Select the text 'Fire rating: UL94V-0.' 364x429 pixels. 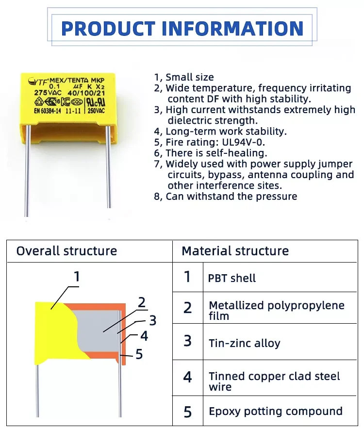(216, 142)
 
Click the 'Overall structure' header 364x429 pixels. (66, 251)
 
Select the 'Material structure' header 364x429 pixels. (235, 251)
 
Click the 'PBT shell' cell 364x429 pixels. (232, 279)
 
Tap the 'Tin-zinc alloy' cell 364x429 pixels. (245, 344)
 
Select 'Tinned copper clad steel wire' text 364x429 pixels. (274, 381)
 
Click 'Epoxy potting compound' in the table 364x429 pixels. (276, 412)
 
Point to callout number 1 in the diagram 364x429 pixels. (76, 277)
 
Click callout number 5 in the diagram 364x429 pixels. (139, 355)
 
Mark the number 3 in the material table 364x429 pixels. (188, 341)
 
